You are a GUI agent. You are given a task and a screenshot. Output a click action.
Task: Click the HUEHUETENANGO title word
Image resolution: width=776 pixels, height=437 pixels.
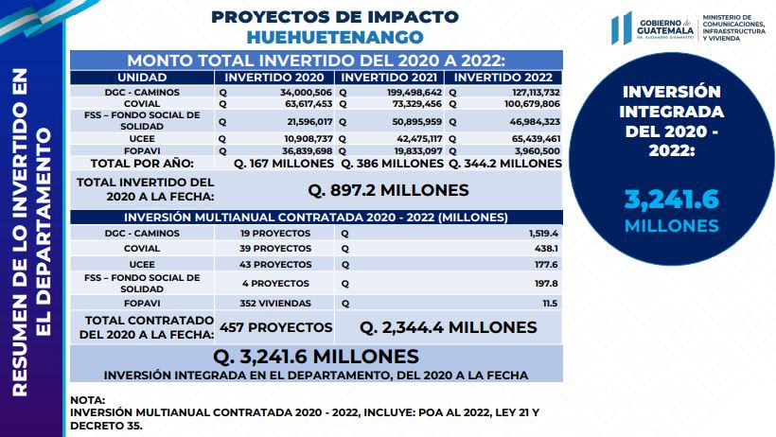pyautogui.click(x=335, y=37)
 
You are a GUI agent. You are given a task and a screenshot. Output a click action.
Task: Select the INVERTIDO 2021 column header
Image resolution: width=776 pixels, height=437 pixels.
pyautogui.click(x=389, y=78)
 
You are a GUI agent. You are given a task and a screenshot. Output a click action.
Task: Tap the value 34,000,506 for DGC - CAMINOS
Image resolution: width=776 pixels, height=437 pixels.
pyautogui.click(x=306, y=93)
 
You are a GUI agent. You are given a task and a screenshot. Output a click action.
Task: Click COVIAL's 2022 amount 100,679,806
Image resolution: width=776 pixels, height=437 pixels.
pyautogui.click(x=532, y=104)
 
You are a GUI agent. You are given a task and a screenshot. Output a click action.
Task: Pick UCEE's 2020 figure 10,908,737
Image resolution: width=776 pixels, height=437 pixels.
pyautogui.click(x=308, y=139)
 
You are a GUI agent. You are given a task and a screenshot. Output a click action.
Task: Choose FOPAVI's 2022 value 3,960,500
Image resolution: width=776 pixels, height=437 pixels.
pyautogui.click(x=537, y=151)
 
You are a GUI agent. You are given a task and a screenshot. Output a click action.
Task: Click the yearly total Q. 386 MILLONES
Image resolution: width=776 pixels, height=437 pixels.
pyautogui.click(x=393, y=164)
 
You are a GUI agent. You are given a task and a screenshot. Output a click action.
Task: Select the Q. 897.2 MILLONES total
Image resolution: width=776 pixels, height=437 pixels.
pyautogui.click(x=388, y=190)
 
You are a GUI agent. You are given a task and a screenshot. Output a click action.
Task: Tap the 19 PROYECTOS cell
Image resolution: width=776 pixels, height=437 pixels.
pyautogui.click(x=275, y=233)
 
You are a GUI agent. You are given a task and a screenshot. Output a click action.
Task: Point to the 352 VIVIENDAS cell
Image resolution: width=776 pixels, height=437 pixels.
pyautogui.click(x=275, y=304)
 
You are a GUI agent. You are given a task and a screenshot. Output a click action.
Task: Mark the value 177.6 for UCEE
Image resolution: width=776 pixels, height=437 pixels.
pyautogui.click(x=546, y=265)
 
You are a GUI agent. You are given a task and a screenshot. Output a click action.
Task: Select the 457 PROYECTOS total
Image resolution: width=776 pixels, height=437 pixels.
pyautogui.click(x=275, y=327)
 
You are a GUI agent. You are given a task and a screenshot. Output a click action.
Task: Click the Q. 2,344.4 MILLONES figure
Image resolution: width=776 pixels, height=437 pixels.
pyautogui.click(x=448, y=327)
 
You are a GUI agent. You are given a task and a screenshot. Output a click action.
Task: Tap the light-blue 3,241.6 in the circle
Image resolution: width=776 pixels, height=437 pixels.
pyautogui.click(x=671, y=200)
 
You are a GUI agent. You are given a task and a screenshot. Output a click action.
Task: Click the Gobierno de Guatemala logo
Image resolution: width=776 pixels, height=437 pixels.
pyautogui.click(x=653, y=28)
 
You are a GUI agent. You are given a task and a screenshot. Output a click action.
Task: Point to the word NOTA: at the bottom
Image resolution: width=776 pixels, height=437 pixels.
pyautogui.click(x=88, y=400)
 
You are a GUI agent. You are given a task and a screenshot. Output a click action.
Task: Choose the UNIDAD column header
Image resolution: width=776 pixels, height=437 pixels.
pyautogui.click(x=142, y=78)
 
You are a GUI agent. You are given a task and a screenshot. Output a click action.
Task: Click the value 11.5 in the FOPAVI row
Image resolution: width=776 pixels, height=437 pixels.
pyautogui.click(x=550, y=304)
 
